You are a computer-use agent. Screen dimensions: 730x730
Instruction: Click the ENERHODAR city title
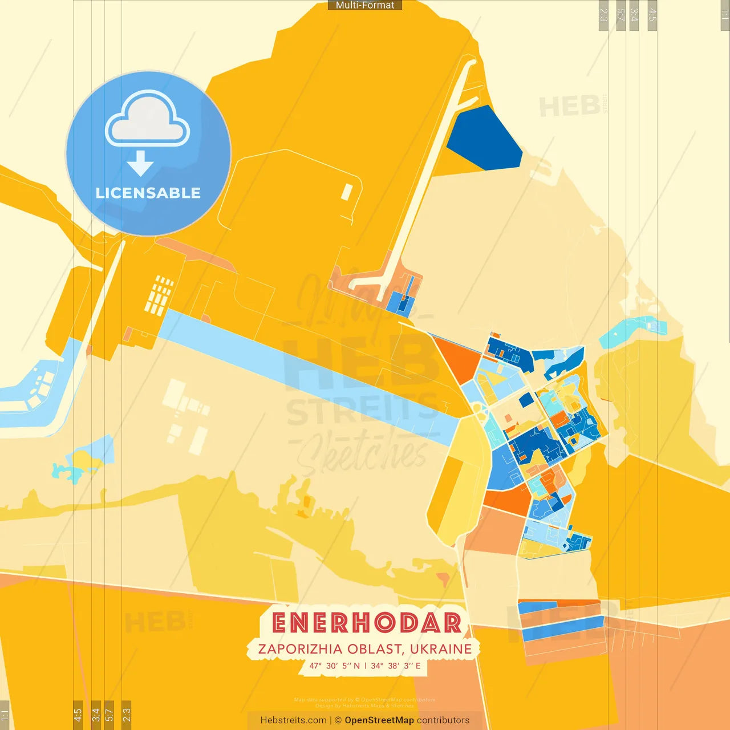(366, 623)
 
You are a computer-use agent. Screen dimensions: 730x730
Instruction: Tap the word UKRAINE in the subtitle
(441, 649)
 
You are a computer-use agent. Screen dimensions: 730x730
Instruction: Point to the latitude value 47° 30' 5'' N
(335, 666)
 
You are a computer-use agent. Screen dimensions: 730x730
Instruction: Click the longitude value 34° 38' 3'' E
(396, 666)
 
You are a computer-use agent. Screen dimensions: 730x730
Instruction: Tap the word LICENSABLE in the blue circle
(148, 193)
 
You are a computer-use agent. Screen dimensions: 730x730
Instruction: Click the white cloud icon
(148, 120)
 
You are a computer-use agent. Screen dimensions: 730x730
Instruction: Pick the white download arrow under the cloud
(140, 164)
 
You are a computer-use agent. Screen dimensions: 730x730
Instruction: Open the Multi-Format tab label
(365, 5)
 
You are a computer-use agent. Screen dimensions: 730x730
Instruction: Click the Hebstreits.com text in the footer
(293, 720)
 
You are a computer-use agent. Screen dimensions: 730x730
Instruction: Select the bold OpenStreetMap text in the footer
(379, 720)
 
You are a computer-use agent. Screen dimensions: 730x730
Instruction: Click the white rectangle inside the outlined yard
(346, 192)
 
